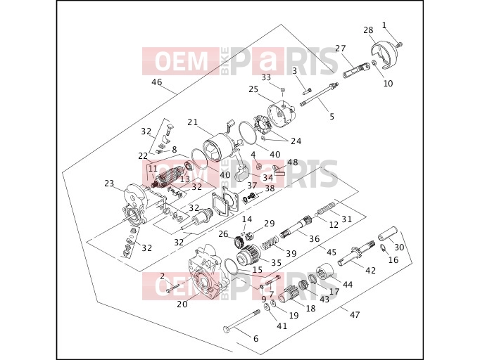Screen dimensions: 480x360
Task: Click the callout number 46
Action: (x=157, y=82)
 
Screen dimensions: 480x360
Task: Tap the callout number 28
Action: (x=369, y=30)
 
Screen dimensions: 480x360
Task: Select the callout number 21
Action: (x=193, y=122)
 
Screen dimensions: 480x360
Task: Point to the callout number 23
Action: (x=109, y=184)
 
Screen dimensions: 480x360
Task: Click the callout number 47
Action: (x=355, y=314)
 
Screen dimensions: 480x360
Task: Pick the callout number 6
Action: (x=256, y=338)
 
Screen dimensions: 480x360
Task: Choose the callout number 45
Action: (x=331, y=252)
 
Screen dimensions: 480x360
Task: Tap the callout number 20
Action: (x=182, y=304)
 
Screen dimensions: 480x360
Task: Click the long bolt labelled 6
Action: (x=241, y=322)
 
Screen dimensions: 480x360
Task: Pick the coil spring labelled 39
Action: (x=270, y=242)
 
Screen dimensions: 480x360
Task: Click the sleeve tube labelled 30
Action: (x=388, y=234)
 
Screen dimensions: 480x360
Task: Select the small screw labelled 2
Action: (x=173, y=288)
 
